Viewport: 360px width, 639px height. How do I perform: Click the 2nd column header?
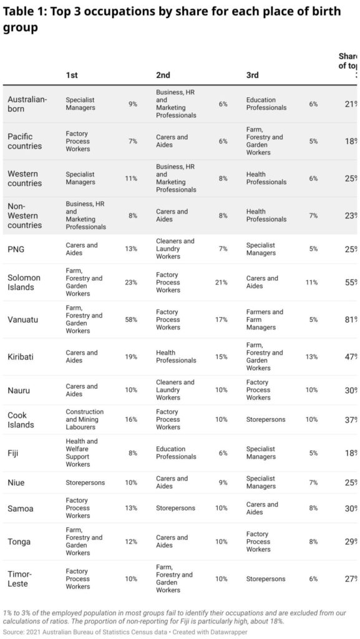[x=163, y=76]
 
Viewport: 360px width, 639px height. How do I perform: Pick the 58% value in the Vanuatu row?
[x=132, y=319]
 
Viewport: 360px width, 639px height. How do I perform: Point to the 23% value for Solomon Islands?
[x=132, y=282]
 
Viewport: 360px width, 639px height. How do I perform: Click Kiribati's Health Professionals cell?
[x=177, y=356]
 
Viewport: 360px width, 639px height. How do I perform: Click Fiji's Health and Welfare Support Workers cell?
[x=82, y=453]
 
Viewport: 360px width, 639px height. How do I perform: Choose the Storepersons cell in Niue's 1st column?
[x=85, y=483]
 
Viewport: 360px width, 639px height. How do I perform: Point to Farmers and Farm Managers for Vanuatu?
[x=265, y=319]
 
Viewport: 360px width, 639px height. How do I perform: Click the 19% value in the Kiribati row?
[x=132, y=356]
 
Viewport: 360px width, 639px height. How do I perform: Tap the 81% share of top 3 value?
[x=351, y=319]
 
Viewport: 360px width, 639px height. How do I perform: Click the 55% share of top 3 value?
[x=351, y=282]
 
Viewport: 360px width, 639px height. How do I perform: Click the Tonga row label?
[x=19, y=542]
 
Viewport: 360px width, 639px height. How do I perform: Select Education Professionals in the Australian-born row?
[x=267, y=104]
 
